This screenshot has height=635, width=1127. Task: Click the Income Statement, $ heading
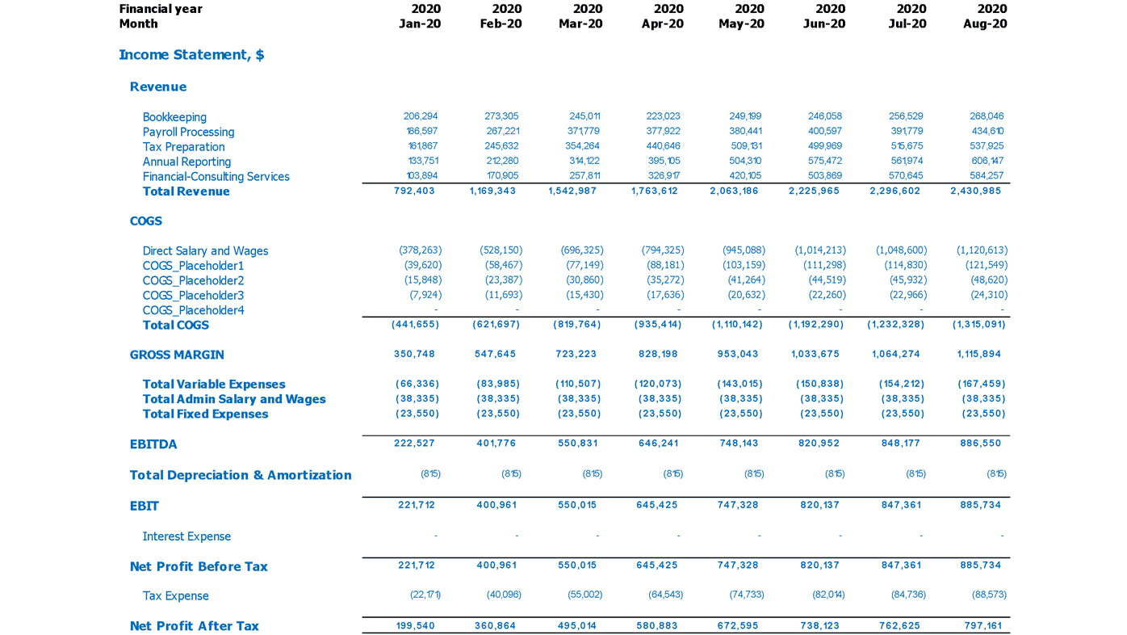[191, 55]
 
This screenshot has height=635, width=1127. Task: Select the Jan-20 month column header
[420, 24]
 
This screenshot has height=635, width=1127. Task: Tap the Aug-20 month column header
[985, 24]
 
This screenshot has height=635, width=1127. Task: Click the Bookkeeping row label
[174, 117]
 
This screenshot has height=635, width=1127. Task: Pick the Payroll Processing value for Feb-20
[501, 131]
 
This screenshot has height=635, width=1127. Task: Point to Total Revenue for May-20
[734, 191]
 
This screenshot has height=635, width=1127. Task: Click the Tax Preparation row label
[183, 147]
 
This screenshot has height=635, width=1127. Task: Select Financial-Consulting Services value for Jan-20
[421, 176]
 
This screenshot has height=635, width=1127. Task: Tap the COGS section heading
[146, 221]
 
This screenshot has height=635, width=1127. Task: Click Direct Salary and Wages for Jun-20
[820, 250]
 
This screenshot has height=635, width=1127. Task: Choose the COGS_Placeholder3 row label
[193, 296]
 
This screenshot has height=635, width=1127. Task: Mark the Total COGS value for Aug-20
[978, 325]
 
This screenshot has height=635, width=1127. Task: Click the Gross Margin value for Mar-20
[576, 355]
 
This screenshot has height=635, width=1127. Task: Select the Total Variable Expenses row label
[214, 385]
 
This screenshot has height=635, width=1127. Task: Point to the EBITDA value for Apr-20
[656, 444]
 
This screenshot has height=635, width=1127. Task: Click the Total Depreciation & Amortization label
[241, 475]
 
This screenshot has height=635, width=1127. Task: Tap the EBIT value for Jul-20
[900, 505]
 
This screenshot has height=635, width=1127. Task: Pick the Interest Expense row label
[186, 536]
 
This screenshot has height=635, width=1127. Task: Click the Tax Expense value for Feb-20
[504, 595]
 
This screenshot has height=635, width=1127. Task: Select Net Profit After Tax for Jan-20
[415, 626]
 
